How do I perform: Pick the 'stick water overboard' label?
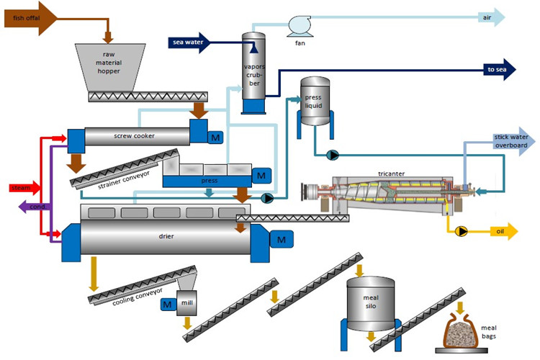(510, 140)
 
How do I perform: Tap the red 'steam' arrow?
(22, 188)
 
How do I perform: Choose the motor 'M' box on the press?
(261, 175)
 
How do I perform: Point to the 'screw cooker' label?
(134, 135)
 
